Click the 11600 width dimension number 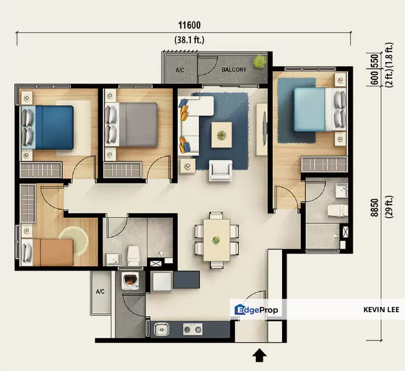(189, 25)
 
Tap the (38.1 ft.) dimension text (189, 40)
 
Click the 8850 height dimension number (374, 208)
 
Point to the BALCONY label (234, 70)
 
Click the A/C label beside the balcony (180, 70)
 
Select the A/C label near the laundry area (100, 292)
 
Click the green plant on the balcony (259, 62)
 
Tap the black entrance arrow (259, 355)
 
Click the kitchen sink (162, 329)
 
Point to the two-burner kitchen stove (193, 329)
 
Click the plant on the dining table (216, 240)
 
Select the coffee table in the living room (222, 135)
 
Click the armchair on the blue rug (221, 170)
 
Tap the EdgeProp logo (256, 310)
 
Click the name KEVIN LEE (381, 310)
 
